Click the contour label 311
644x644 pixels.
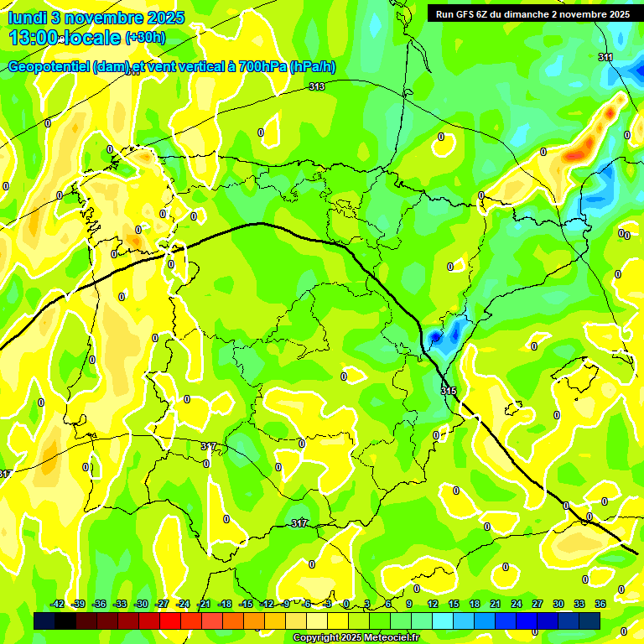(x=605, y=57)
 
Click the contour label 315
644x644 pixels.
(x=448, y=391)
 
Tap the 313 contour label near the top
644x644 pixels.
(x=316, y=86)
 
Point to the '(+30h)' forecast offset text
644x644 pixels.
(x=146, y=38)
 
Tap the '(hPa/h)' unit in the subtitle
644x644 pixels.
(x=312, y=67)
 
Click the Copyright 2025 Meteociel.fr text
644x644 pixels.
(x=356, y=638)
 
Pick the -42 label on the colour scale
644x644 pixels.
(x=58, y=604)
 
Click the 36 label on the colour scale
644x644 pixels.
(x=600, y=604)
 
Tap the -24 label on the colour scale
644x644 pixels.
(x=183, y=604)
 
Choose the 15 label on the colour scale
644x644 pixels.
(x=454, y=604)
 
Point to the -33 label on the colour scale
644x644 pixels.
(x=120, y=604)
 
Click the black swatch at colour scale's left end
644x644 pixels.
(x=44, y=621)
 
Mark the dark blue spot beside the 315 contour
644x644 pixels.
(x=435, y=337)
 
